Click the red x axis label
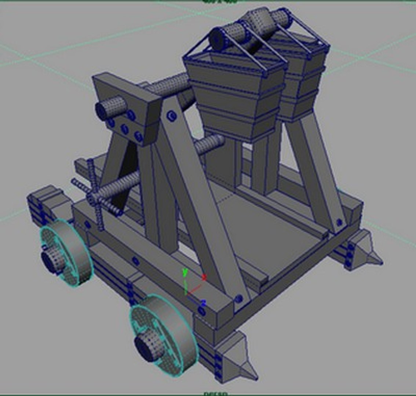204,277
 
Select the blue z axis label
203,303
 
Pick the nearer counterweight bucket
235,95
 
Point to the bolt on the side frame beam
135,261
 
